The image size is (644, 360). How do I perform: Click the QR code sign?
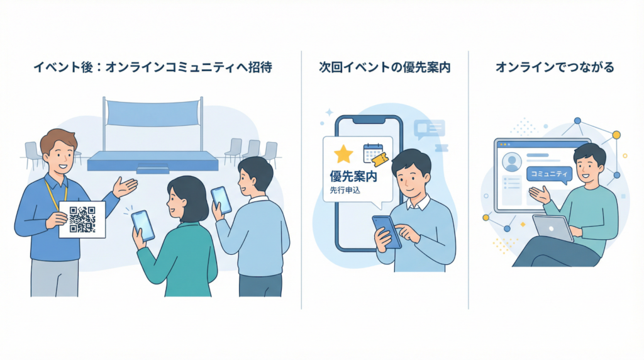pos(82,219)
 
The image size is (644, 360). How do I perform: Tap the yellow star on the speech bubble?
pos(343,154)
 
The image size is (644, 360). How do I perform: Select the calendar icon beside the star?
pos(373,153)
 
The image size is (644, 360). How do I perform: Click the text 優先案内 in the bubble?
pos(353,177)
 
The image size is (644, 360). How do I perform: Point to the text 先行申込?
pos(345,191)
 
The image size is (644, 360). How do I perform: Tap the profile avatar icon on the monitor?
pos(512,162)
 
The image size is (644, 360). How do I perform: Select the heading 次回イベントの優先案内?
pos(385,67)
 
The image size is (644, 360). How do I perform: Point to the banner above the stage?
pos(153,113)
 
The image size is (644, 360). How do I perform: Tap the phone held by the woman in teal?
pos(143,225)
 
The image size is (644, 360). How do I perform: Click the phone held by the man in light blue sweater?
pos(221,200)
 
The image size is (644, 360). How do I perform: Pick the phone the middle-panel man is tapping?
pos(386,232)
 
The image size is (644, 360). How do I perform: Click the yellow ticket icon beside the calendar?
pos(378,162)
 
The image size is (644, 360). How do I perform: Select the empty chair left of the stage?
pos(32,153)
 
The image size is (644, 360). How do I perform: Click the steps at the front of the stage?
pos(153,168)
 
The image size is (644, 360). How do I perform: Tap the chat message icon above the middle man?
pos(430,129)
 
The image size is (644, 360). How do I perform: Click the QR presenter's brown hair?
pos(57,140)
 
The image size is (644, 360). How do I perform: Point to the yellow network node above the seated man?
pos(616,135)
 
